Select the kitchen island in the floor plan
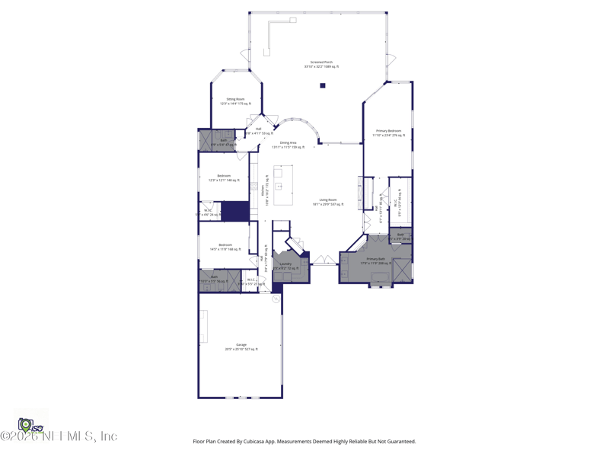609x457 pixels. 283,185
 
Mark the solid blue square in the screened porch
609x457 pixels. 323,85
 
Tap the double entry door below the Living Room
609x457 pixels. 324,260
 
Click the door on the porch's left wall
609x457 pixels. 245,55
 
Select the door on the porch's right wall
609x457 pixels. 391,59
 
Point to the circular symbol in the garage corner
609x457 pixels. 276,299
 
